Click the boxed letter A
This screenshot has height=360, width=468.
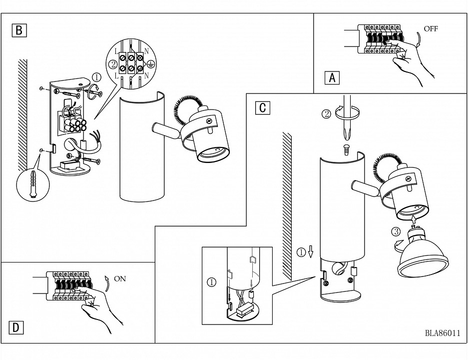332,77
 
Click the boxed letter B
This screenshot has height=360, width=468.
19,30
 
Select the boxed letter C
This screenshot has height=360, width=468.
263,107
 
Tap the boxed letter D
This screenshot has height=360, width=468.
16,327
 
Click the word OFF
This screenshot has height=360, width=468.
431,28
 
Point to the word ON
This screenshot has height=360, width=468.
120,278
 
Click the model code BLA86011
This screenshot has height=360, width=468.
443,333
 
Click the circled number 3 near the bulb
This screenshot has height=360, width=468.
396,231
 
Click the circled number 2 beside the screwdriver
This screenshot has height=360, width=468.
327,114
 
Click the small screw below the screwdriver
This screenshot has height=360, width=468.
346,149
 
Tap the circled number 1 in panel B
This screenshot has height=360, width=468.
97,77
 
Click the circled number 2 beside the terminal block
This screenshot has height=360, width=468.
113,64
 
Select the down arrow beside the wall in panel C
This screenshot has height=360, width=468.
310,251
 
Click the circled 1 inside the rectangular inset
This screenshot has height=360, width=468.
211,281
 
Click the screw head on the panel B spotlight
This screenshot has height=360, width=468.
209,120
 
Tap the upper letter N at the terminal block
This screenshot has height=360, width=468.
146,51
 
